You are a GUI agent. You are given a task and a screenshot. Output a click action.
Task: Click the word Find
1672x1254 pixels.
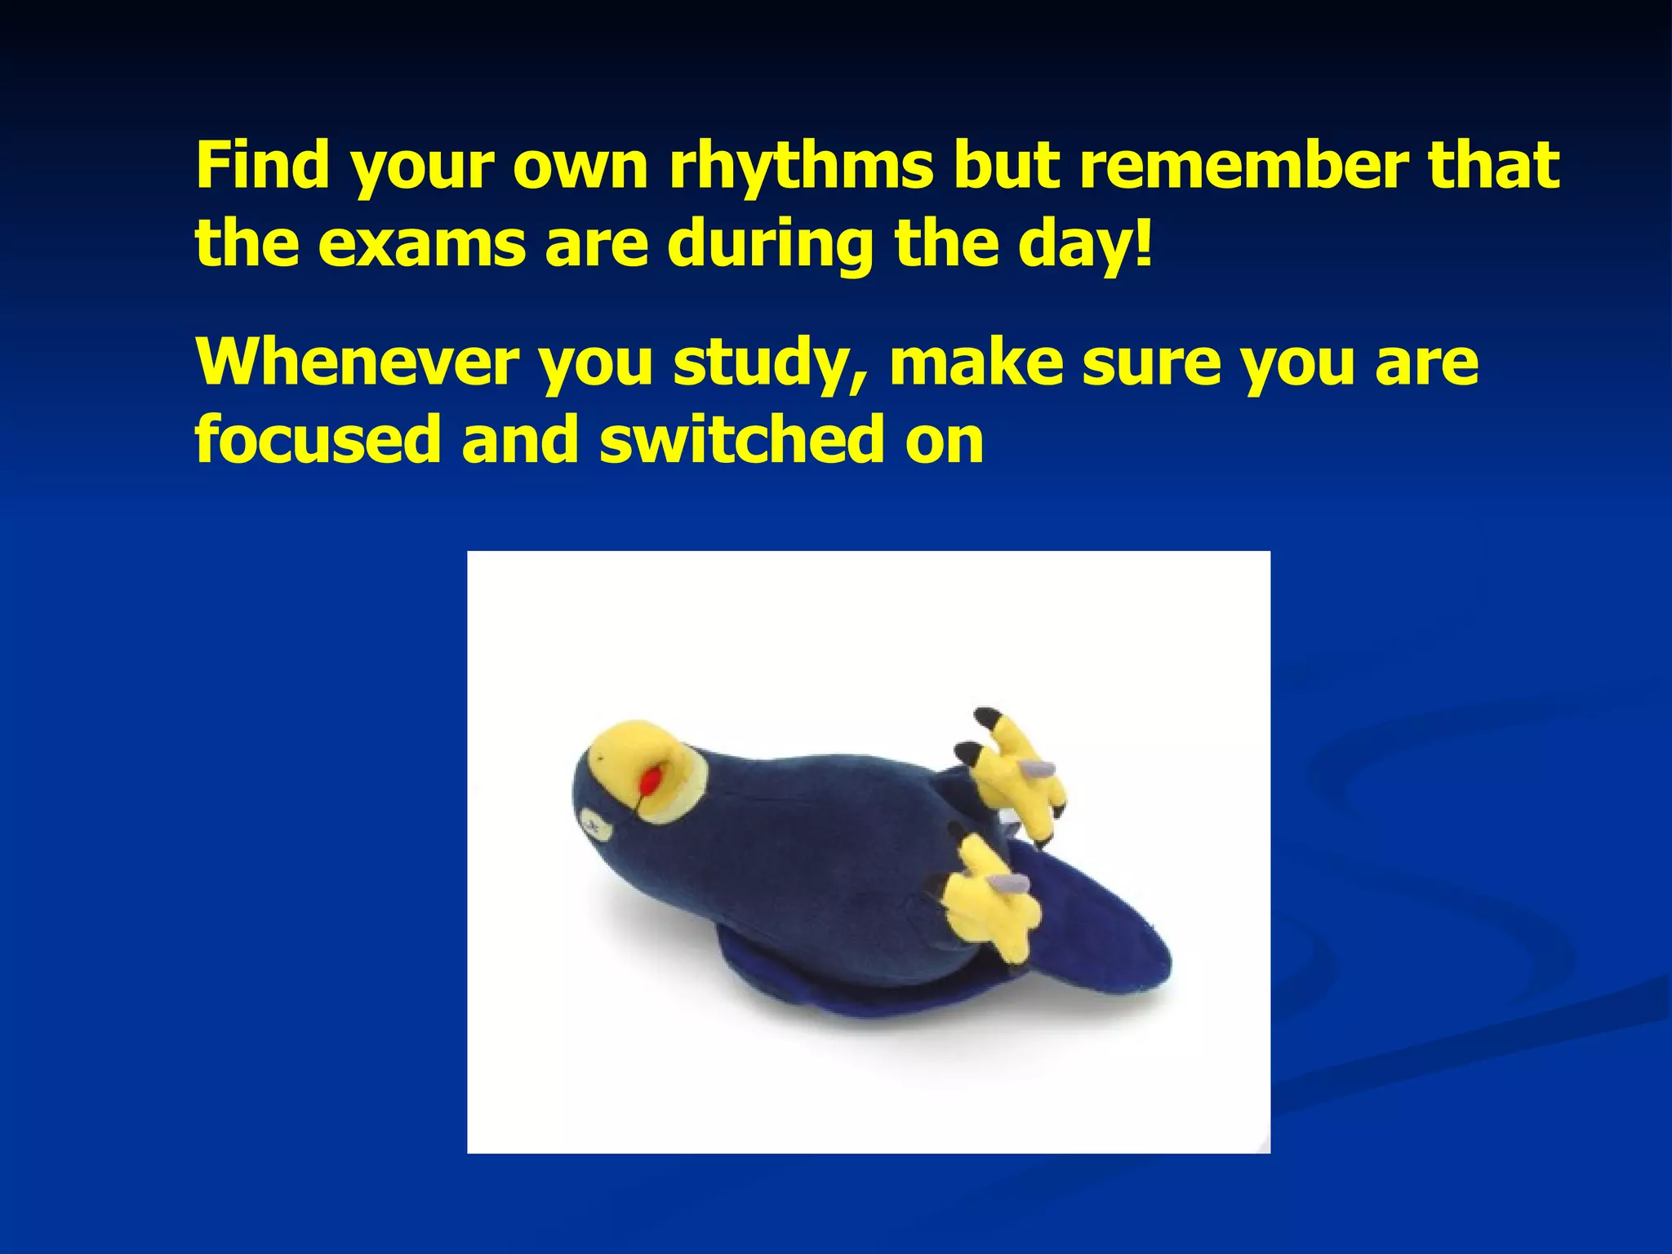264,165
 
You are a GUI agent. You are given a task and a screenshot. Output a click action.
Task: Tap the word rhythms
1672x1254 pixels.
801,167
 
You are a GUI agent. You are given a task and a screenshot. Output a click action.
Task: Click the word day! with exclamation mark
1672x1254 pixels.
1085,245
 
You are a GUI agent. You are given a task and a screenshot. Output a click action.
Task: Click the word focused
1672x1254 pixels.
318,439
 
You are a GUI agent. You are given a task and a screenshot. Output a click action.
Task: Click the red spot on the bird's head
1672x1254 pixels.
651,781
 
